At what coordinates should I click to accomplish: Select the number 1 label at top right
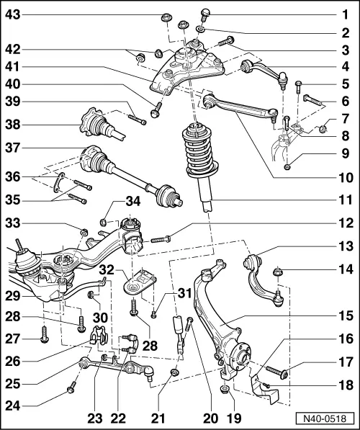(346, 14)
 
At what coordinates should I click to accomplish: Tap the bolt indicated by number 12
(160, 237)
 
